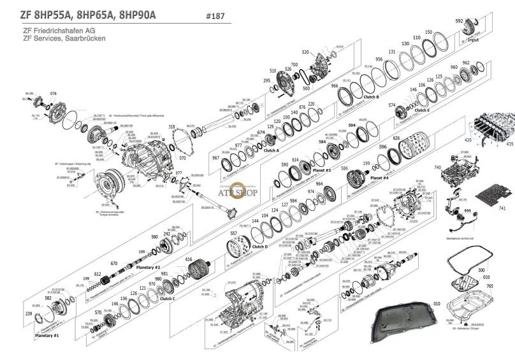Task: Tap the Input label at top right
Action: click(x=473, y=40)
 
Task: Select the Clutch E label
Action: click(x=422, y=111)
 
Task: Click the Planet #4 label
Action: click(x=380, y=178)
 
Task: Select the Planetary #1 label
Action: click(x=48, y=335)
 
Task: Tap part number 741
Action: click(x=502, y=209)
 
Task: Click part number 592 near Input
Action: click(x=459, y=20)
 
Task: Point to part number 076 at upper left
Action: click(x=53, y=94)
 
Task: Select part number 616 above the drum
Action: click(x=189, y=260)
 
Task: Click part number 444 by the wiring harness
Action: click(x=467, y=210)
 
